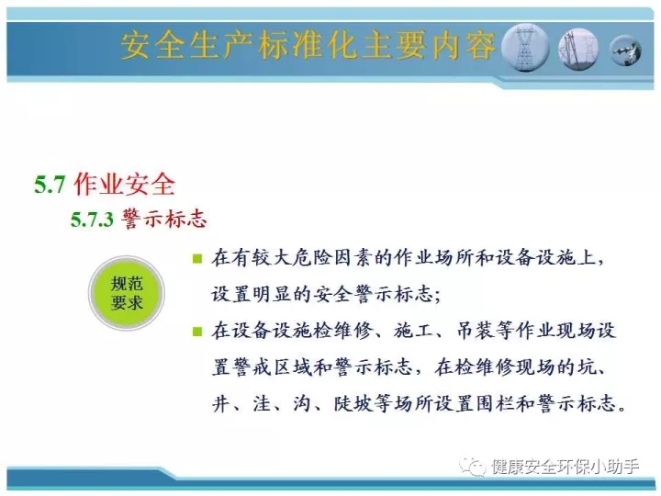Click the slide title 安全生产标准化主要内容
coord(308,45)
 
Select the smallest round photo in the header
coord(625,51)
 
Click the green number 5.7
coord(50,185)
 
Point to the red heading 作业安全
coord(124,184)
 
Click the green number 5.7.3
coord(92,220)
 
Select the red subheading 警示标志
coord(164,219)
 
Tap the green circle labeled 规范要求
coord(127,293)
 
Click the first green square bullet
coord(196,258)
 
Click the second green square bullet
coord(196,331)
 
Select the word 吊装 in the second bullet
coord(476,331)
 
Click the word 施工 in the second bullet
coord(413,331)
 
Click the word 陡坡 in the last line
coord(353,403)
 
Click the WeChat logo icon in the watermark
coord(472,467)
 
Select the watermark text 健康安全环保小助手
coord(565,467)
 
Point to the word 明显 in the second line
coord(273,294)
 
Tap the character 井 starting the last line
coord(221,403)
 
